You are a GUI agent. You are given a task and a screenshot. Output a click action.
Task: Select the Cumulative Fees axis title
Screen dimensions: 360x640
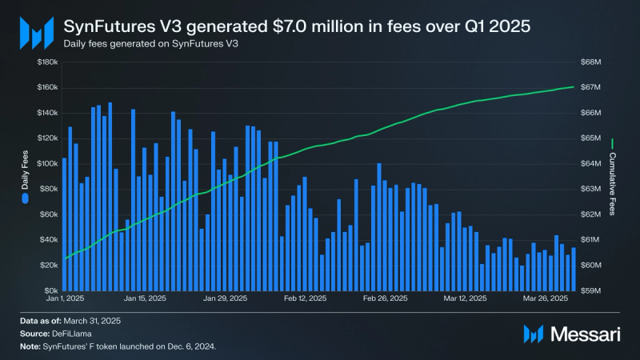pos(613,183)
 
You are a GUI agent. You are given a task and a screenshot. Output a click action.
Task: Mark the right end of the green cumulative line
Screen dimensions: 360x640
pos(574,86)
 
